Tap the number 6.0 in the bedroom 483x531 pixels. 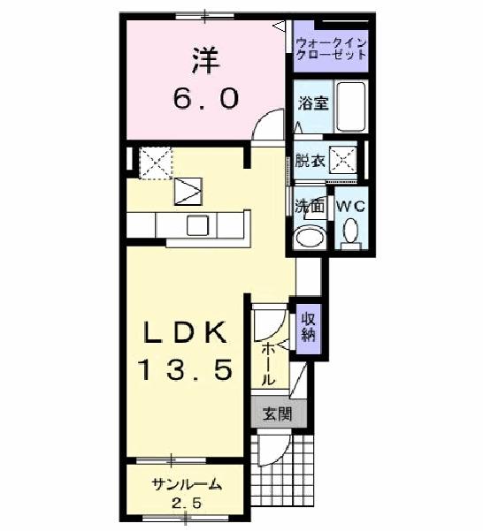pyautogui.click(x=205, y=98)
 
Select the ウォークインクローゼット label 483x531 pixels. pyautogui.click(x=330, y=48)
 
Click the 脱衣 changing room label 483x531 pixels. pyautogui.click(x=309, y=161)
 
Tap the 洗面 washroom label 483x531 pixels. pyautogui.click(x=310, y=207)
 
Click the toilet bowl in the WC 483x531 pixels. pyautogui.click(x=349, y=231)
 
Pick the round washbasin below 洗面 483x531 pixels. pyautogui.click(x=310, y=236)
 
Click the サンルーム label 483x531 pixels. pyautogui.click(x=186, y=484)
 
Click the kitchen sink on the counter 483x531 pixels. pyautogui.click(x=196, y=225)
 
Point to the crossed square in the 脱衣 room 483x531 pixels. pyautogui.click(x=342, y=160)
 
